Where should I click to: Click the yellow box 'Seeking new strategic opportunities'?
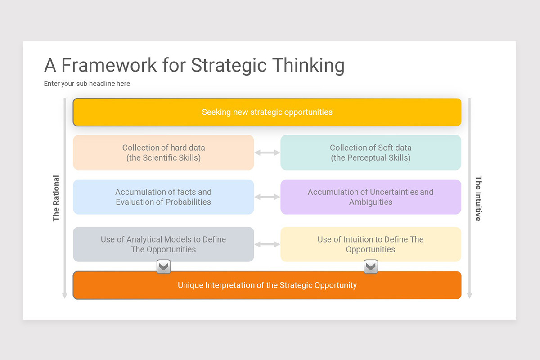267,112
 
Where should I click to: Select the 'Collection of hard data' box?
163,153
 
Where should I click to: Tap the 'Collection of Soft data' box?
371,153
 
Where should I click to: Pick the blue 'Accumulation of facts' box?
163,197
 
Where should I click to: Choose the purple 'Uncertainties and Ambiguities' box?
371,197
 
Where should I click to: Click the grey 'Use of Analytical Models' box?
163,244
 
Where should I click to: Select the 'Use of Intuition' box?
371,244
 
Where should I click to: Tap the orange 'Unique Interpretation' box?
267,285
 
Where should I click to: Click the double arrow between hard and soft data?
267,153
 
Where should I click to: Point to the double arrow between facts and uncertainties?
267,197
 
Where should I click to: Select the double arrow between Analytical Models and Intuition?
267,244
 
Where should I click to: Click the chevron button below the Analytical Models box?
164,267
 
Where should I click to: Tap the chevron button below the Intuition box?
371,267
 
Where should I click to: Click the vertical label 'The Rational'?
56,198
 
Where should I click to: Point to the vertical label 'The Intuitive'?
478,198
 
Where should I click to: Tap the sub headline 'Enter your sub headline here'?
87,84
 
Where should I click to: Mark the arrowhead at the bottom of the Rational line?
65,295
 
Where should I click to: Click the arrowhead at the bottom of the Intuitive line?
469,295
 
